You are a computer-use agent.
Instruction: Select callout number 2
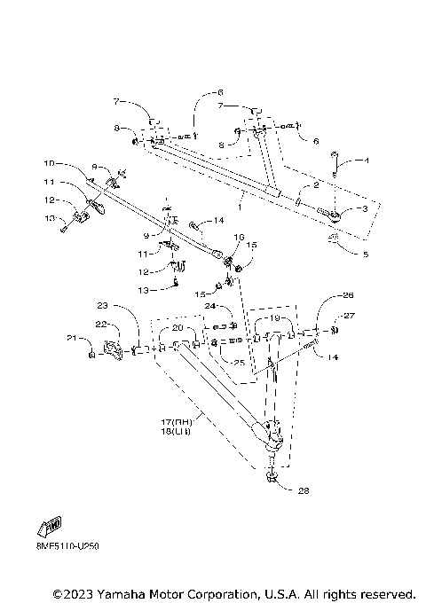314,185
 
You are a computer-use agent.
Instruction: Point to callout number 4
365,161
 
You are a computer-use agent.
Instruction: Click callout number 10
51,163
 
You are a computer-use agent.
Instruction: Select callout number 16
238,238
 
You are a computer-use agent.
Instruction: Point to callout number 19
274,317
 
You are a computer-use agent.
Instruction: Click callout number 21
71,338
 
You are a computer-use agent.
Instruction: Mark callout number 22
101,325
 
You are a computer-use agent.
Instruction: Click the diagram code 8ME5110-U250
55,547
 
